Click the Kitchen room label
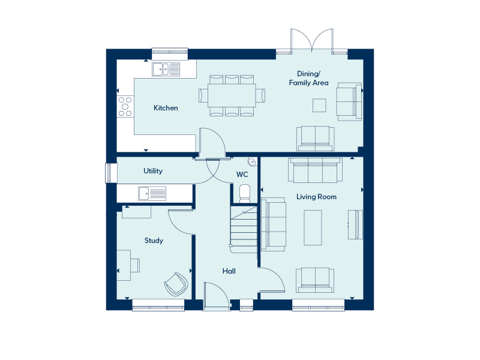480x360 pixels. pyautogui.click(x=166, y=108)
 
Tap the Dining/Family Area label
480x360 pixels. pyautogui.click(x=308, y=78)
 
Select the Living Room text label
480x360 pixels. pyautogui.click(x=316, y=197)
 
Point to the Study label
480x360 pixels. pyautogui.click(x=154, y=241)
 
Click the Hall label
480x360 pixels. pyautogui.click(x=229, y=271)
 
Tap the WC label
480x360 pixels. pyautogui.click(x=242, y=175)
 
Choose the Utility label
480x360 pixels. pyautogui.click(x=153, y=171)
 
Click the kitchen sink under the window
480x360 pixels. pyautogui.click(x=166, y=69)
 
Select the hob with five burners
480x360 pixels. pyautogui.click(x=125, y=107)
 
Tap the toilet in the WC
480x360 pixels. pyautogui.click(x=245, y=193)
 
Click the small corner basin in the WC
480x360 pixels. pyautogui.click(x=252, y=161)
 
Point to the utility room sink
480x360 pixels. pyautogui.click(x=152, y=193)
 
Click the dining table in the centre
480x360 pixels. pyautogui.click(x=232, y=95)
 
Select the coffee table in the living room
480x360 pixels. pyautogui.click(x=313, y=227)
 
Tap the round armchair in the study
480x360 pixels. pyautogui.click(x=176, y=284)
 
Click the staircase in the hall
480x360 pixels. pyautogui.click(x=244, y=230)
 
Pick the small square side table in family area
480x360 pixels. pyautogui.click(x=319, y=106)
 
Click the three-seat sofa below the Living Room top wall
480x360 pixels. pyautogui.click(x=316, y=170)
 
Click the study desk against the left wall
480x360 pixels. pyautogui.click(x=124, y=265)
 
